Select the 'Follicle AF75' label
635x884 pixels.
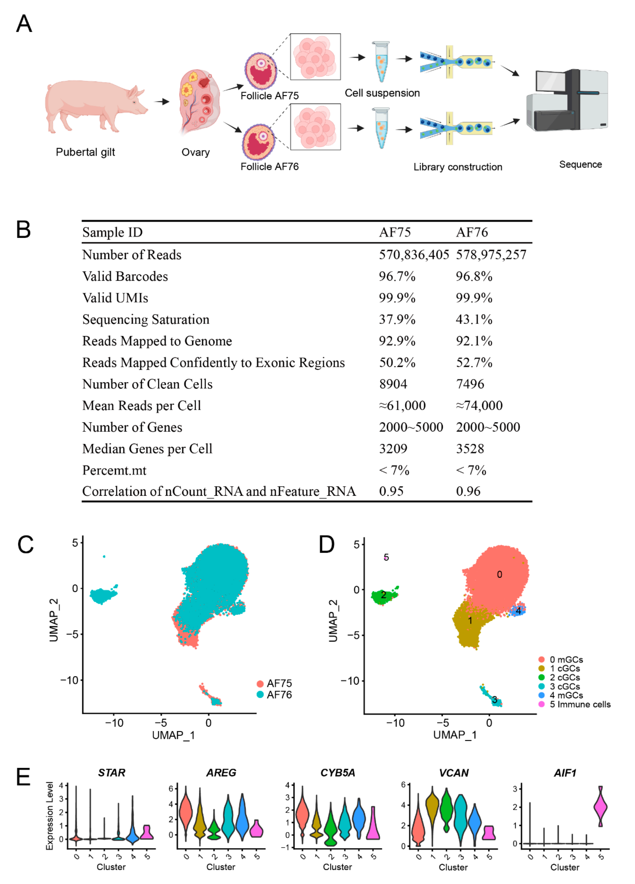[x=269, y=96]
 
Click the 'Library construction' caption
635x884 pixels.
[x=458, y=167]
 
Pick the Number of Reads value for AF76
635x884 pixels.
[x=491, y=255]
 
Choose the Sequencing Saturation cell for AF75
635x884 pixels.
[x=397, y=320]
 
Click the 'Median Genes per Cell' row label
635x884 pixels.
[x=147, y=449]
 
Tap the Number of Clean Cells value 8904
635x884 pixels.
[x=393, y=384]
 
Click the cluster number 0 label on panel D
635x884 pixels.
[x=499, y=574]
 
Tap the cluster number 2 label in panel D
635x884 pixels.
[x=383, y=595]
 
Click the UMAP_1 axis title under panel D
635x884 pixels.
[x=455, y=735]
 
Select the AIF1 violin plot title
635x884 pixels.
[x=565, y=773]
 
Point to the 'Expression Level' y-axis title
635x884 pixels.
[x=49, y=816]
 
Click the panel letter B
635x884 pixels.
[x=24, y=230]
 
